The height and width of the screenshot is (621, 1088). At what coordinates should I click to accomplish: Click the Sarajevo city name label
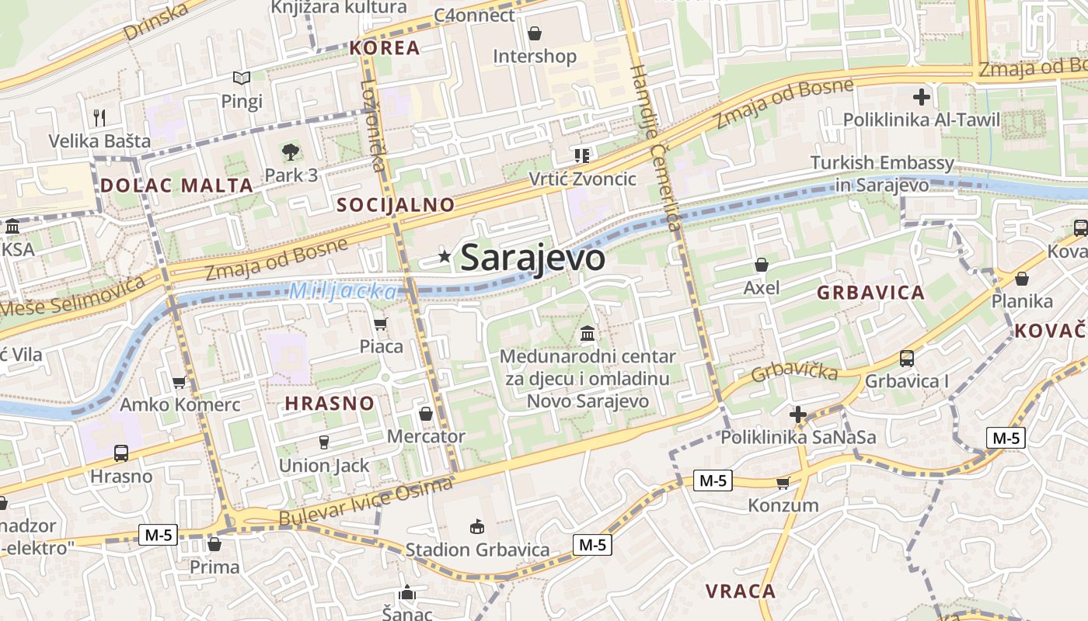532,258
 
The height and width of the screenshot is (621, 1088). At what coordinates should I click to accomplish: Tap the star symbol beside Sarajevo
445,256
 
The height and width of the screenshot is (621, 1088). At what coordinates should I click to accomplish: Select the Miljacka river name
343,292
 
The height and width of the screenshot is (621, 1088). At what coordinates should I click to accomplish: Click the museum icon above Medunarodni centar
588,334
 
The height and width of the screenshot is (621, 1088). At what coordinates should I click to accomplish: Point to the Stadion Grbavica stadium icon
477,527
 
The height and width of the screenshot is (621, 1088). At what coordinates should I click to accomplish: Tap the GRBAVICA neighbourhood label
870,293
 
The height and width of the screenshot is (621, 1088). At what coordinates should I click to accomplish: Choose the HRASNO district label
330,404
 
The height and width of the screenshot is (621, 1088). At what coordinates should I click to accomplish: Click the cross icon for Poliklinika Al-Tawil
922,97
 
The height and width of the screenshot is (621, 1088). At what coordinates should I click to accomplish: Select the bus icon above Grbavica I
907,358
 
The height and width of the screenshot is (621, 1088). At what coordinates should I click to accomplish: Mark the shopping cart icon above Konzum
783,483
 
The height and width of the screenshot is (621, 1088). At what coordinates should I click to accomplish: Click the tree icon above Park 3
291,151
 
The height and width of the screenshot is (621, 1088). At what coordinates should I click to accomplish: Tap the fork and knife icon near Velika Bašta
99,118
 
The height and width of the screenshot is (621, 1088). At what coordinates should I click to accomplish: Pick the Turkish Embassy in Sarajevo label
882,174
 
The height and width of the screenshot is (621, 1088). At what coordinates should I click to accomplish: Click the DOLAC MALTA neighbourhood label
176,186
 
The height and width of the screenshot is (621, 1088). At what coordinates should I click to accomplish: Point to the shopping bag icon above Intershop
535,33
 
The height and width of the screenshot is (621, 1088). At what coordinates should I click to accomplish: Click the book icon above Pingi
242,78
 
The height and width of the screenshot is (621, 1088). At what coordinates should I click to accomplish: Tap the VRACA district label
741,591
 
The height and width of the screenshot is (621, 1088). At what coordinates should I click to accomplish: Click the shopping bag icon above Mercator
426,414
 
